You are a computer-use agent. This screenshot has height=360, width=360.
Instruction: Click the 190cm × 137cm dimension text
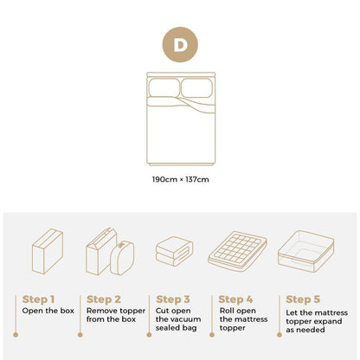(x=180, y=179)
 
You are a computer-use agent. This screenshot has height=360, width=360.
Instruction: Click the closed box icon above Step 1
(x=47, y=251)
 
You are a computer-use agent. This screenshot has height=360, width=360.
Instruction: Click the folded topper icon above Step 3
(x=174, y=253)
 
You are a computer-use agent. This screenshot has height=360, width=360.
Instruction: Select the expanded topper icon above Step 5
(x=306, y=252)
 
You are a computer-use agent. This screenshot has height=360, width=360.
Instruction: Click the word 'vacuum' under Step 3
(x=184, y=318)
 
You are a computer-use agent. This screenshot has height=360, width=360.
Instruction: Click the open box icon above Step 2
(x=110, y=251)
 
